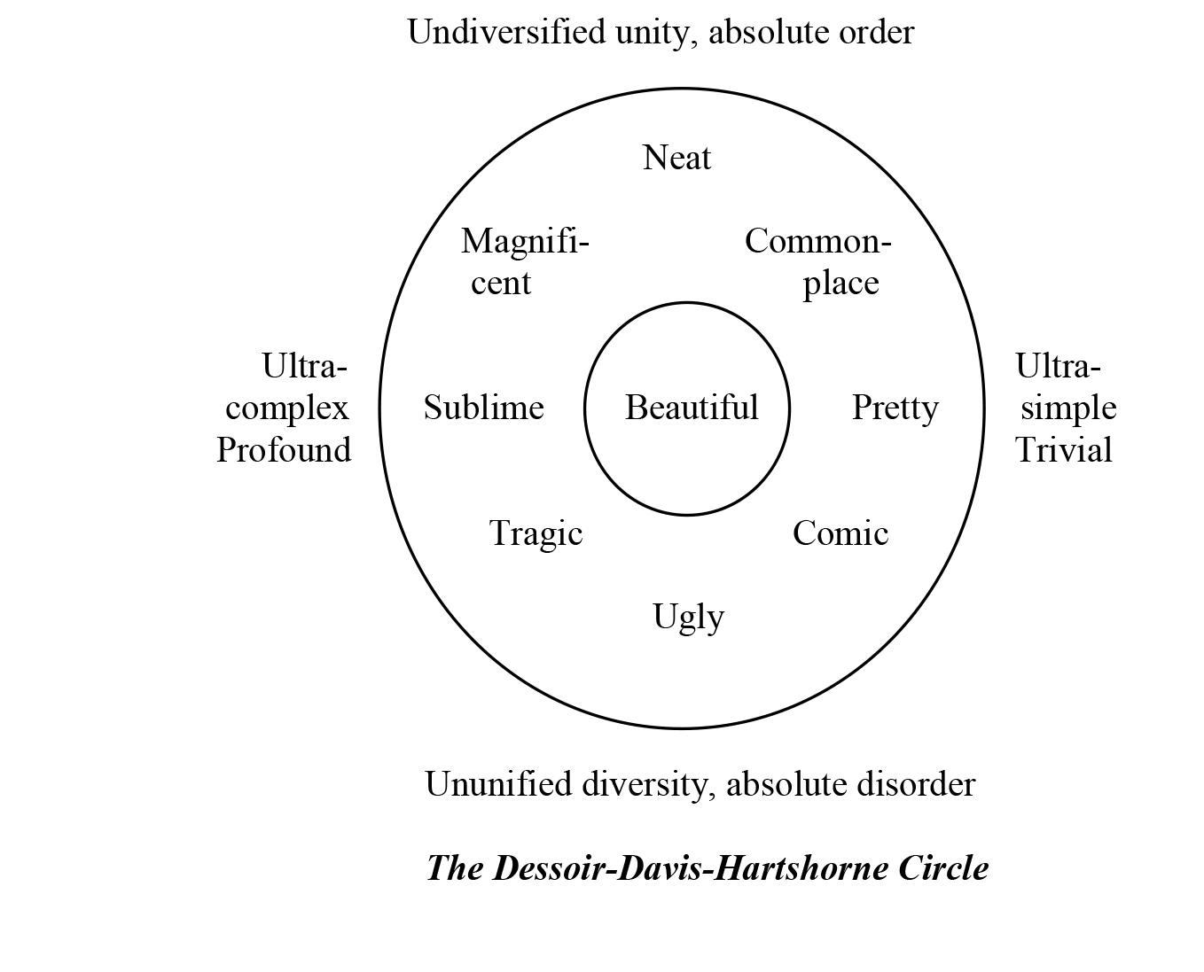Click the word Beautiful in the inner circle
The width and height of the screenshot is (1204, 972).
[692, 408]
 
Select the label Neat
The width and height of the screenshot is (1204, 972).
[676, 158]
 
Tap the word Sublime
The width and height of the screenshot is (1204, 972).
[483, 408]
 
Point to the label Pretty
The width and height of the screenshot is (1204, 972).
[895, 408]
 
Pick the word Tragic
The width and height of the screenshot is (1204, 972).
[536, 533]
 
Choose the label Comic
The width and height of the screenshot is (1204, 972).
[840, 533]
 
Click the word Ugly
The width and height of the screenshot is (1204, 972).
[688, 617]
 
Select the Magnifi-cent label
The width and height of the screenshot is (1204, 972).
[524, 261]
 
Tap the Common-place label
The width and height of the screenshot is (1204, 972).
[817, 261]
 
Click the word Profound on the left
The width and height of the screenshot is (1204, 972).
[284, 450]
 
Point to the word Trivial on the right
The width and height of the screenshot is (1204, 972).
[1063, 450]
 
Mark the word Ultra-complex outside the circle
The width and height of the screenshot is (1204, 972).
[287, 387]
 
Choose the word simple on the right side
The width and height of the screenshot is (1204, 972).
[1068, 408]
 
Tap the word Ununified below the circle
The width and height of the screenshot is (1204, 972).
[498, 784]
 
